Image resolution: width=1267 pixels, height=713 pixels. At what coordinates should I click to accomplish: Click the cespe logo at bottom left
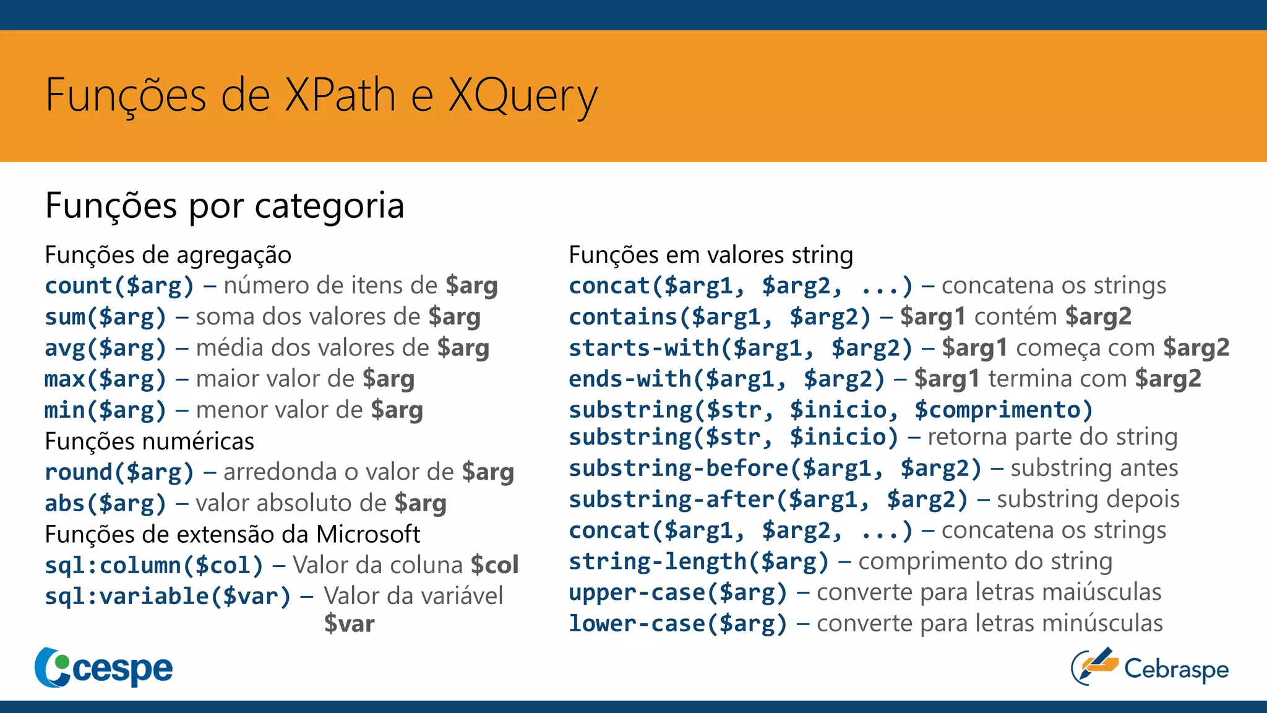[x=104, y=668]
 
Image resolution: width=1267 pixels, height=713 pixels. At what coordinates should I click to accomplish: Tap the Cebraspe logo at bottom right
[x=1149, y=668]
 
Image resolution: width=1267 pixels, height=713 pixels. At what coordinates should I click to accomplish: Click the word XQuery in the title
[x=523, y=96]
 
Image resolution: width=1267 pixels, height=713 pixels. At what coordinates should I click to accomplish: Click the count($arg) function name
[x=119, y=286]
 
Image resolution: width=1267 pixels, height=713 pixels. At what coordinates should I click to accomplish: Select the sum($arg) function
[x=105, y=317]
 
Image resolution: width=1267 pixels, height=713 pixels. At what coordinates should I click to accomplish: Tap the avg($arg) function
[x=105, y=348]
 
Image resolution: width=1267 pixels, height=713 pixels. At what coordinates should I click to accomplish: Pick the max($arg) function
[x=105, y=379]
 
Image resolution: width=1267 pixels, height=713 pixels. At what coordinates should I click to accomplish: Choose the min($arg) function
[x=105, y=410]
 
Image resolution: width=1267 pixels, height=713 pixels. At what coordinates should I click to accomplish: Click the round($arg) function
[x=119, y=472]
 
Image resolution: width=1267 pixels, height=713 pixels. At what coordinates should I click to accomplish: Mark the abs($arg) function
[x=105, y=503]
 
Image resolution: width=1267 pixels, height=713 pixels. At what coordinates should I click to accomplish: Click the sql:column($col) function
[x=153, y=565]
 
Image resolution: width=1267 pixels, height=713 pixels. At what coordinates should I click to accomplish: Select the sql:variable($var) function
[x=167, y=596]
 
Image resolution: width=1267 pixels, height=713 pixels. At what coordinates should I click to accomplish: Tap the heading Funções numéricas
[x=149, y=441]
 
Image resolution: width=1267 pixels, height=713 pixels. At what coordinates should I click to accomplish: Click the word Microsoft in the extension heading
[x=368, y=534]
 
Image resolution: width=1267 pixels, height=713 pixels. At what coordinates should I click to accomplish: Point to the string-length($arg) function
[x=698, y=561]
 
